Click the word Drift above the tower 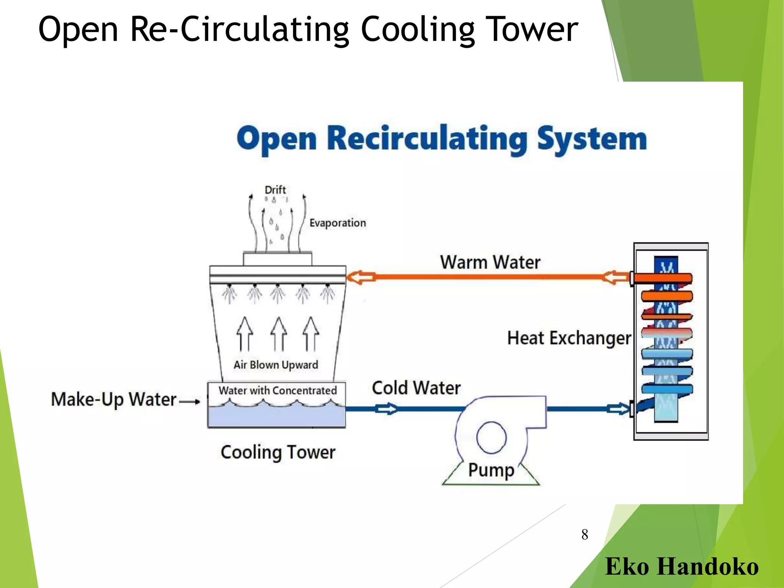[275, 190]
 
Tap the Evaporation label [337, 223]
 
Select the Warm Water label [490, 263]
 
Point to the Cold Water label [416, 388]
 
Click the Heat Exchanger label [569, 338]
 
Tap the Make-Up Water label [114, 400]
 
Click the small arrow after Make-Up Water [190, 402]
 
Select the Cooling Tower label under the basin [278, 452]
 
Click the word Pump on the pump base [491, 470]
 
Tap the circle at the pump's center [491, 437]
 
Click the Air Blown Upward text [276, 365]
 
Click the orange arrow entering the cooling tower [361, 277]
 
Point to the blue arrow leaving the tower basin [386, 409]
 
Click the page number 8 [585, 535]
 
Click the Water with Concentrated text [278, 391]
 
